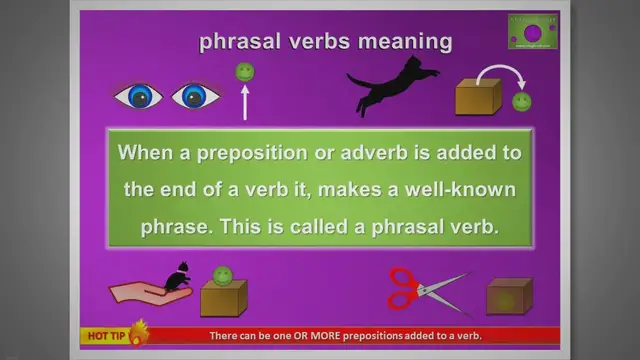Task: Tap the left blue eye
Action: (137, 96)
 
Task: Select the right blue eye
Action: (196, 96)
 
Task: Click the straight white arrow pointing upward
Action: (243, 103)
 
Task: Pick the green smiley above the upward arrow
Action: (244, 72)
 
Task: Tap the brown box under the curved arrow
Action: (478, 97)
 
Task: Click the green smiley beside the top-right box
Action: (521, 101)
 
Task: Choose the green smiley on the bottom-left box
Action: (223, 275)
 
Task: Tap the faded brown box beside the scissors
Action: (509, 296)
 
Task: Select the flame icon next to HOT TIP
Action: (137, 331)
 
